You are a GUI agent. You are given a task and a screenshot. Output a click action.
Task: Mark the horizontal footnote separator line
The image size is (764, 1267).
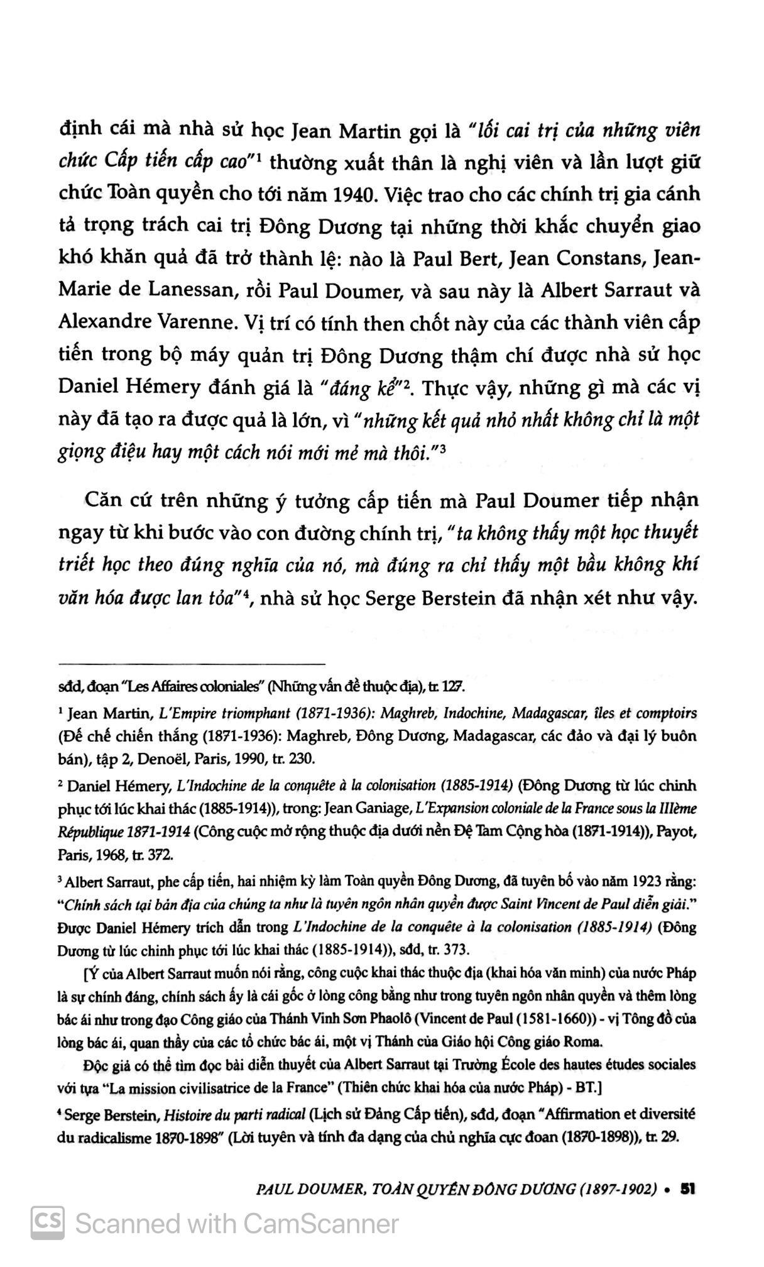(x=191, y=664)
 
